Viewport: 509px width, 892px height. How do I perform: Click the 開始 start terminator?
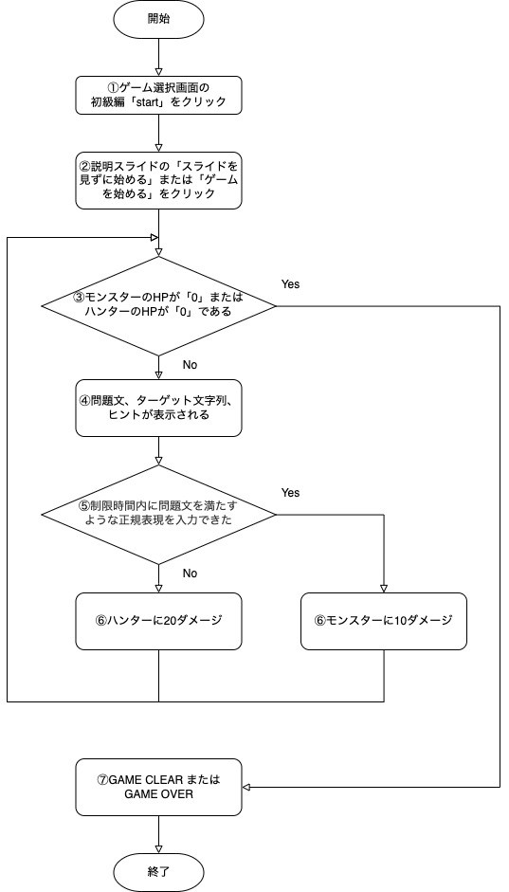(x=158, y=19)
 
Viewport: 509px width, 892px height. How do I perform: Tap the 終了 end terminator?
(x=158, y=871)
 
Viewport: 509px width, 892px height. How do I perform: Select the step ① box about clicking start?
(x=158, y=96)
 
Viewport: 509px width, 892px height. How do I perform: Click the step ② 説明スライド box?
(x=158, y=180)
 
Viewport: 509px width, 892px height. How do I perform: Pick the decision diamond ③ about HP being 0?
(x=158, y=306)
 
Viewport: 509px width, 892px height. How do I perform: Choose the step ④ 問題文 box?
(x=158, y=408)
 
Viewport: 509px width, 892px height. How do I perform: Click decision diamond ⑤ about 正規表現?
(x=158, y=515)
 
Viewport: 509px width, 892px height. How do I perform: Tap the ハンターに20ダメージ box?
(x=158, y=621)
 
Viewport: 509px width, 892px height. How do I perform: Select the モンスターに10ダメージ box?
(x=384, y=621)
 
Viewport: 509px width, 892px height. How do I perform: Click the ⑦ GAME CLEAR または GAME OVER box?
(x=158, y=788)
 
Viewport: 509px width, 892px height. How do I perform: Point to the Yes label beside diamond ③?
(x=290, y=284)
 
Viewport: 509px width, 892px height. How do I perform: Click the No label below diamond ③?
(x=190, y=365)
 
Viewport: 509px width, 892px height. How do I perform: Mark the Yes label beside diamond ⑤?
(x=290, y=493)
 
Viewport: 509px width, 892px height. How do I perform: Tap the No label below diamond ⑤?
(x=190, y=573)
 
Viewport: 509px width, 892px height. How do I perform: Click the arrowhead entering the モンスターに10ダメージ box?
(x=384, y=589)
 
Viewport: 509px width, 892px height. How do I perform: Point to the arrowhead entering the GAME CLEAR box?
(x=246, y=788)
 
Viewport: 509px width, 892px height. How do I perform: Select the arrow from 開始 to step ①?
(x=158, y=56)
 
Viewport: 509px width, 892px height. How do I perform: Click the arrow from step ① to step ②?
(x=158, y=133)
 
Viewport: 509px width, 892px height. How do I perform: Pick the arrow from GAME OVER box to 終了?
(x=158, y=835)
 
